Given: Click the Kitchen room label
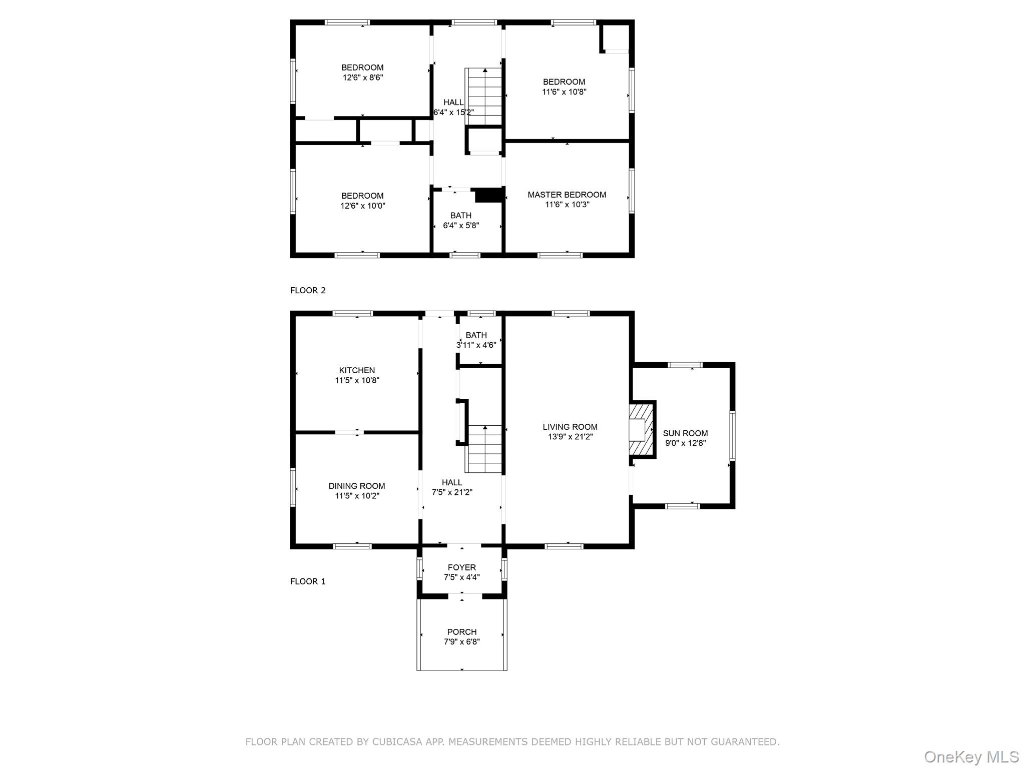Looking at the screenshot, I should pyautogui.click(x=357, y=370).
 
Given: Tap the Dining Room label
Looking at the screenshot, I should pyautogui.click(x=357, y=486).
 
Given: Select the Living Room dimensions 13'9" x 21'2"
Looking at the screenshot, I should pyautogui.click(x=570, y=437).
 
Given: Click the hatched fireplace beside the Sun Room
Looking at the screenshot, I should pyautogui.click(x=642, y=429).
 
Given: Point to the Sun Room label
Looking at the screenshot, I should pyautogui.click(x=685, y=433).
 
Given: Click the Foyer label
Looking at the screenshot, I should pyautogui.click(x=461, y=567).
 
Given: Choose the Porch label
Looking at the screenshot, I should pyautogui.click(x=461, y=632).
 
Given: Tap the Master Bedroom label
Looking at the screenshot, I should pyautogui.click(x=567, y=195).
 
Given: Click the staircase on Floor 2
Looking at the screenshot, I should pyautogui.click(x=484, y=97).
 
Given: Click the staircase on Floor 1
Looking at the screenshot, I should pyautogui.click(x=484, y=449).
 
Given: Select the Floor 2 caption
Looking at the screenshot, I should pyautogui.click(x=308, y=290).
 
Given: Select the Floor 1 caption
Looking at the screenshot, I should pyautogui.click(x=308, y=581).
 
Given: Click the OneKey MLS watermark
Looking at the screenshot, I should pyautogui.click(x=971, y=757).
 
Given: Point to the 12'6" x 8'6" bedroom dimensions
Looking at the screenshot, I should pyautogui.click(x=363, y=78).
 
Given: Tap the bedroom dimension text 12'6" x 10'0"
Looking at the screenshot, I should pyautogui.click(x=363, y=206).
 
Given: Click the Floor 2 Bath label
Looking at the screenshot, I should pyautogui.click(x=460, y=216).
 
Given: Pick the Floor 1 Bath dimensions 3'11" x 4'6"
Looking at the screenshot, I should pyautogui.click(x=476, y=345).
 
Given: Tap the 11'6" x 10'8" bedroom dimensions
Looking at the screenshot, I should pyautogui.click(x=564, y=92).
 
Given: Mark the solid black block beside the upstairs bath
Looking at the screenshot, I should pyautogui.click(x=488, y=195).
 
